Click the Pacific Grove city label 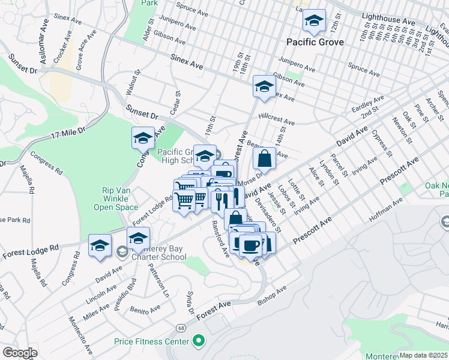point(315,42)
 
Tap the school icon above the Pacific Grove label point(314,22)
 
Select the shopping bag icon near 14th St point(264,160)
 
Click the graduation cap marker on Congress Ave point(143,139)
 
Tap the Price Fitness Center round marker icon point(199,341)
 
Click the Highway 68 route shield point(181,328)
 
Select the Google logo point(19,353)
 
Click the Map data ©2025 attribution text point(423,355)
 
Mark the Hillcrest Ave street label point(277,117)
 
